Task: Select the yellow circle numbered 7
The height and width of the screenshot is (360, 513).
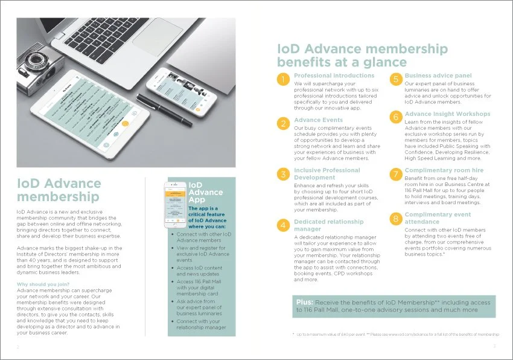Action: (x=395, y=175)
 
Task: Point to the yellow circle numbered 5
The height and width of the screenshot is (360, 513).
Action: (x=395, y=80)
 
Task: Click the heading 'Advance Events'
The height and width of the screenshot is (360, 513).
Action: (x=318, y=120)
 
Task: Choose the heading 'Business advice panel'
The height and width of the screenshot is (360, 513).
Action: (x=438, y=76)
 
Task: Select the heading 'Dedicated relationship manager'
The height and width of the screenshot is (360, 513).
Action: (x=328, y=225)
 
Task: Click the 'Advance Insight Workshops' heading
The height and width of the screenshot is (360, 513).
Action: (x=447, y=114)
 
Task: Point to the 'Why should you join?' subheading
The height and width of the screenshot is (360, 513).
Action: (x=43, y=284)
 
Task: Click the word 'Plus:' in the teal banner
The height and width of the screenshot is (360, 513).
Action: (x=305, y=301)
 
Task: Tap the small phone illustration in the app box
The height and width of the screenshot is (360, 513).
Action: (x=176, y=204)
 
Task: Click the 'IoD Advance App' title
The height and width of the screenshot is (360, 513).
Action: (x=206, y=193)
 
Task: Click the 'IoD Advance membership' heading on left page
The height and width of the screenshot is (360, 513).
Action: (x=59, y=190)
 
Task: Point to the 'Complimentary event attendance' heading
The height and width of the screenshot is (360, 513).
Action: (x=438, y=218)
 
